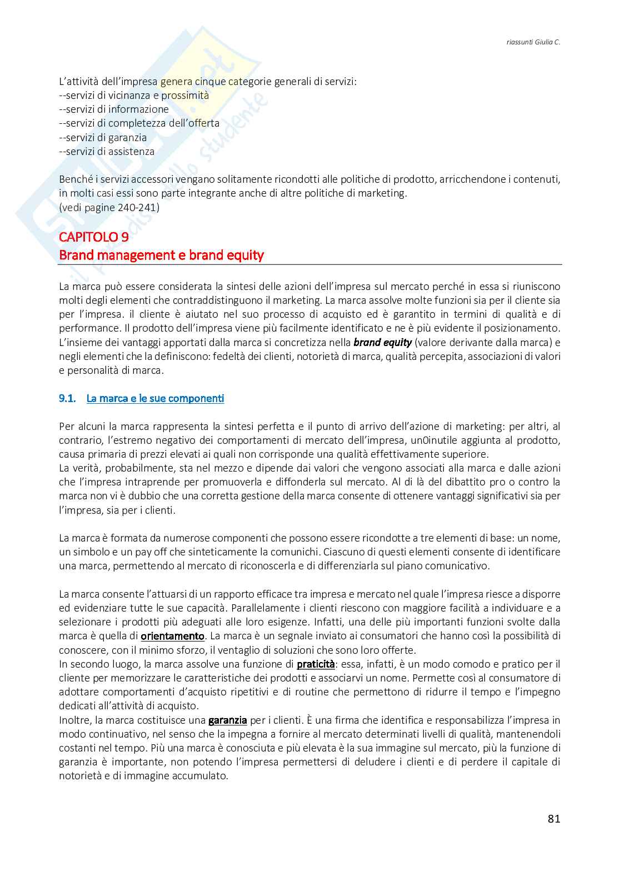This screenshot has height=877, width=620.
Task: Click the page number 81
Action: (553, 818)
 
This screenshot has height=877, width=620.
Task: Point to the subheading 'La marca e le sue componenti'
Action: (155, 398)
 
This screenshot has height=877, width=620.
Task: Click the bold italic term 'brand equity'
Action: (382, 342)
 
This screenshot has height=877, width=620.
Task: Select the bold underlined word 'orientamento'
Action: (173, 635)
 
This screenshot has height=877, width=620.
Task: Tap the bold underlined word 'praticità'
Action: (316, 664)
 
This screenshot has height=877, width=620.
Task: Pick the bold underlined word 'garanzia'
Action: (227, 720)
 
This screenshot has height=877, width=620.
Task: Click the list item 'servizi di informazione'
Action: (114, 109)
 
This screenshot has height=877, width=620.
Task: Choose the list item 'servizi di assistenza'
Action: (107, 151)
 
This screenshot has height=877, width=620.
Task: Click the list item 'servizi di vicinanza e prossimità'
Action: (134, 95)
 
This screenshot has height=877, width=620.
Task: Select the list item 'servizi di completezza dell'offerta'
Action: (139, 123)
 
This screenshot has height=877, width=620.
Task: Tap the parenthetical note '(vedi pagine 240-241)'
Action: (109, 207)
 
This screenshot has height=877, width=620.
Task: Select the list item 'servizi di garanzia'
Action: (103, 137)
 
